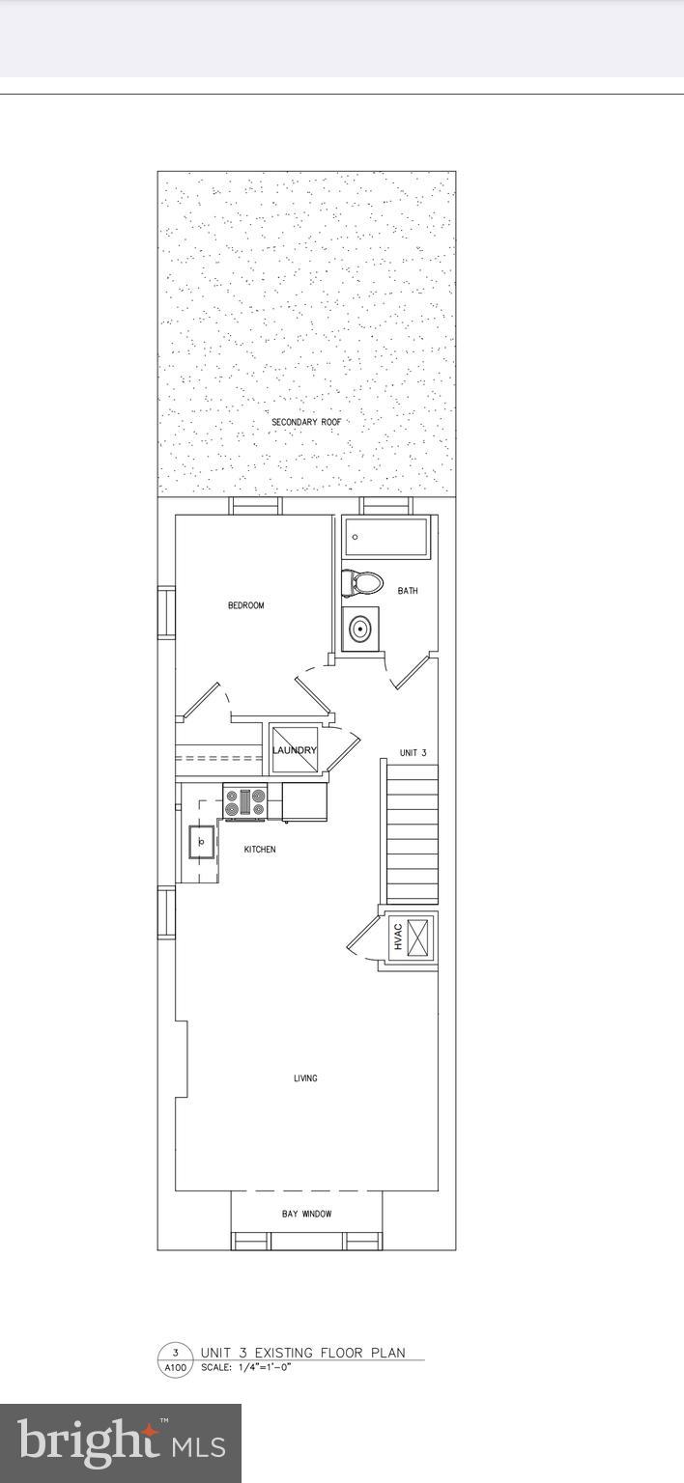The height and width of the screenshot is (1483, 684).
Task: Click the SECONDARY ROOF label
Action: pos(305,423)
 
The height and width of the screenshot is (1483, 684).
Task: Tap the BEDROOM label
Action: pos(245,605)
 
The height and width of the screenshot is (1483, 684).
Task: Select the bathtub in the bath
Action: pos(386,537)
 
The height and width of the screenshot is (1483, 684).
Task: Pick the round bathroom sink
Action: pos(360,630)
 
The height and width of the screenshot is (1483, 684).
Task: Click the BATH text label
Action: pos(408,591)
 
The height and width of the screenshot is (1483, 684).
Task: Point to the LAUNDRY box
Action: pos(294,750)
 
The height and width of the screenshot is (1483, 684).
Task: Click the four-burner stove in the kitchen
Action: pos(245,801)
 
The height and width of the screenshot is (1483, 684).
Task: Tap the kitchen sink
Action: pos(202,841)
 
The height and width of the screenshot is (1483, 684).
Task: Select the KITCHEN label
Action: pos(259,850)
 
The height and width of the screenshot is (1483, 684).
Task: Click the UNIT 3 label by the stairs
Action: pos(413,753)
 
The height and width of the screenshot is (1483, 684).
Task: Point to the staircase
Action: pos(412,831)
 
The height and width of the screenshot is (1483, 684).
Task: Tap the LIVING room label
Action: pos(305,1078)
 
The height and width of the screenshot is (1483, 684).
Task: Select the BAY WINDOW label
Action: pos(306,1214)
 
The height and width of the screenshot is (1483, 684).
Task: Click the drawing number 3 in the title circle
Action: pos(175,1353)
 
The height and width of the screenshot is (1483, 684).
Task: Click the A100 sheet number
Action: pos(175,1368)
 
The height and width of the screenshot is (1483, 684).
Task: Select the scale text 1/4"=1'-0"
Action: pos(258,1368)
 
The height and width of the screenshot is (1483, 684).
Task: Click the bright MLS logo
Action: pos(121,1443)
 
